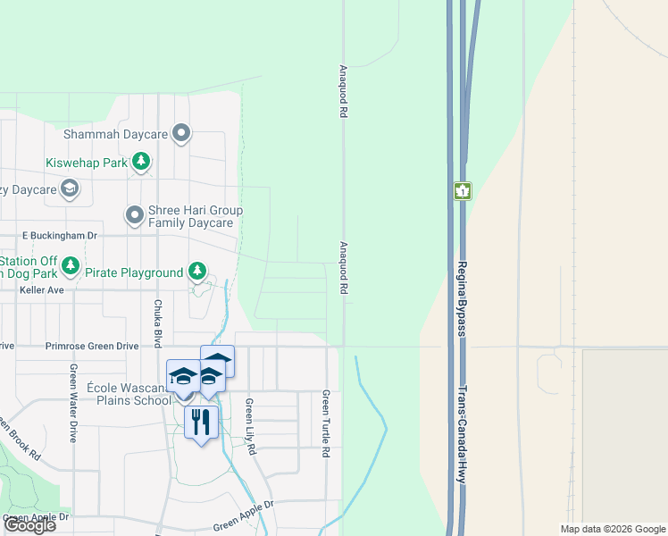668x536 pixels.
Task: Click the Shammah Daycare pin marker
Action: pyautogui.click(x=182, y=134)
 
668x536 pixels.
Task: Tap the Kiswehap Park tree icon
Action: pyautogui.click(x=140, y=162)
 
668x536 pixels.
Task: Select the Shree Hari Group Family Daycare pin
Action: pyautogui.click(x=135, y=215)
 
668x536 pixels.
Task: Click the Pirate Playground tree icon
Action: pyautogui.click(x=196, y=272)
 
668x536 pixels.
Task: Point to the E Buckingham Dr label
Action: pyautogui.click(x=59, y=235)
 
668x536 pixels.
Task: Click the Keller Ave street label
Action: pyautogui.click(x=42, y=290)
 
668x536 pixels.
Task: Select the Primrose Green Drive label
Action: pyautogui.click(x=92, y=345)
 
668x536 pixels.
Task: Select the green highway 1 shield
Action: pyautogui.click(x=462, y=191)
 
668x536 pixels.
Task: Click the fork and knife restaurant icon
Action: pyautogui.click(x=201, y=421)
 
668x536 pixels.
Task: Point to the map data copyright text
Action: pyautogui.click(x=612, y=529)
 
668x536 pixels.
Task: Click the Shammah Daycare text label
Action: pyautogui.click(x=116, y=134)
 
